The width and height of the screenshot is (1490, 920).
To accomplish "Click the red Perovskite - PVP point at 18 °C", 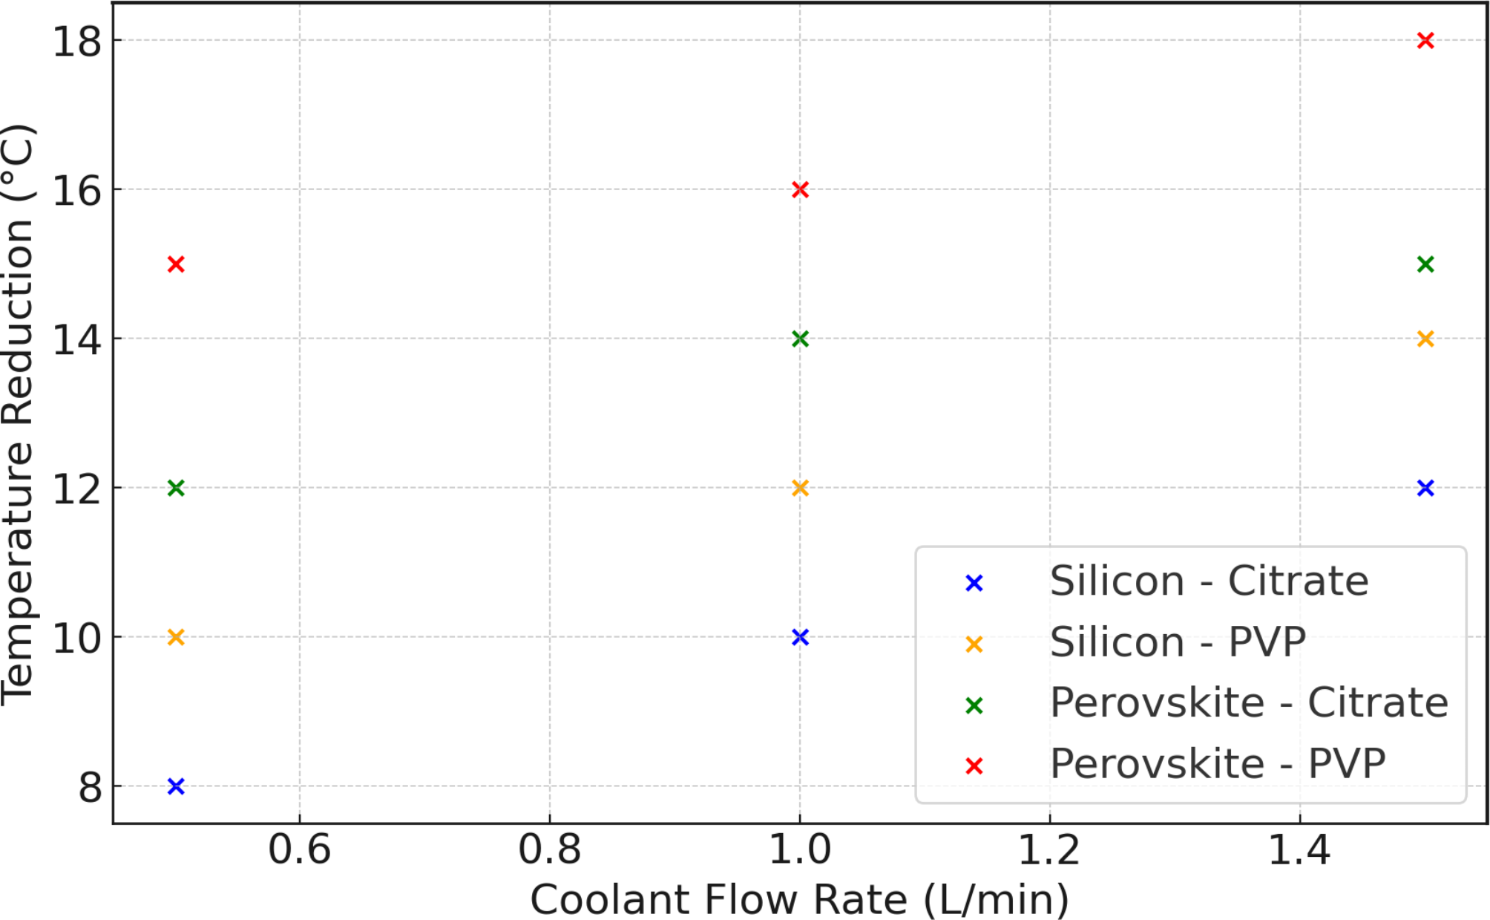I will click(1425, 40).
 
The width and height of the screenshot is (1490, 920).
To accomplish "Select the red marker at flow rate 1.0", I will click(800, 189).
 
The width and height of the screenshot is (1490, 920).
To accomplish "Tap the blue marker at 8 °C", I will click(176, 786).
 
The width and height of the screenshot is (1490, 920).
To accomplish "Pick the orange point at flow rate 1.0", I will click(800, 488).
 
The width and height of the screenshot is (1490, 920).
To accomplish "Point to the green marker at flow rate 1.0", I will click(800, 339).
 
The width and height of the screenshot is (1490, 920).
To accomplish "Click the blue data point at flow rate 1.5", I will click(1425, 488).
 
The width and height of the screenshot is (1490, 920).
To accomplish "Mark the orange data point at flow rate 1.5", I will click(1425, 339).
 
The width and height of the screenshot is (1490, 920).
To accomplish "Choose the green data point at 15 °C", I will click(1425, 264).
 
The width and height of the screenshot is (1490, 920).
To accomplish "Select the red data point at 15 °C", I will click(176, 264).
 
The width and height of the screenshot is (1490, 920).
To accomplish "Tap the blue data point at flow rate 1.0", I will click(800, 637).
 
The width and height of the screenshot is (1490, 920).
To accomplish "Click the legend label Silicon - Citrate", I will click(1209, 581).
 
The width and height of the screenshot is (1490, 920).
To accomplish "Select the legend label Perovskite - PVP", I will click(1218, 764).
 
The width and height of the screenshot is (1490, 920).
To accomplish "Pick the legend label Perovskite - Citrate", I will click(1249, 703).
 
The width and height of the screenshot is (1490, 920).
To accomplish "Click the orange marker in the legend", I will click(974, 645).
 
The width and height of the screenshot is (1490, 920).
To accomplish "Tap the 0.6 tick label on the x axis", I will click(300, 849).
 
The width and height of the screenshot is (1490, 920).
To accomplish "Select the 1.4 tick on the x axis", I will click(1299, 849).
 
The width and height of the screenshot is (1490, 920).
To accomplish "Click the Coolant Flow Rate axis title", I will click(799, 900).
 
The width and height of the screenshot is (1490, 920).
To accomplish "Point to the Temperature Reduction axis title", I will click(18, 414).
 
